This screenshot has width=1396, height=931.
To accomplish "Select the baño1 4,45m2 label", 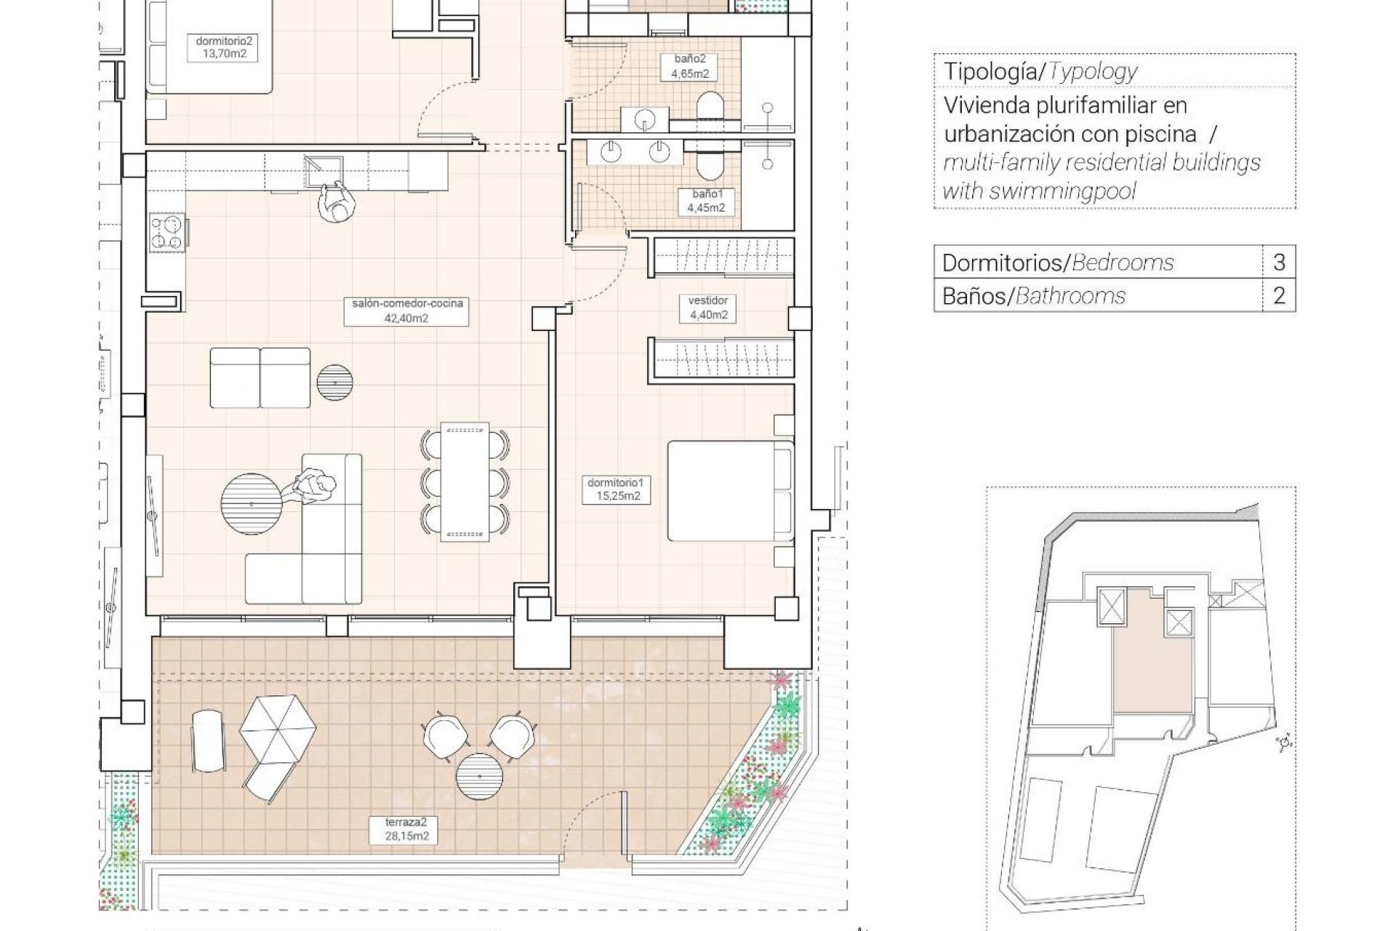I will [706, 201].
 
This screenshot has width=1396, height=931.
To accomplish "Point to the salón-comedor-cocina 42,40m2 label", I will [407, 311].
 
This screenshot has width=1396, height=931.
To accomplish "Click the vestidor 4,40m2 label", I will [708, 308].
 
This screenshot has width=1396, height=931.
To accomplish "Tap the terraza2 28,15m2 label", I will [406, 830].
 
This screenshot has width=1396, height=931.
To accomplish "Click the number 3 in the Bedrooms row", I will [1279, 263].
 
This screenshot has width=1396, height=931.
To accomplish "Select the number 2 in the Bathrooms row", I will [1279, 296].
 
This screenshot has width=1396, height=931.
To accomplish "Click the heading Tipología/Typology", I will [1040, 71].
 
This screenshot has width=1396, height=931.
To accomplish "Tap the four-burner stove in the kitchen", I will [168, 234].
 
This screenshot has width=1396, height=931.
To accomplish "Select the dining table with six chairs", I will [465, 482].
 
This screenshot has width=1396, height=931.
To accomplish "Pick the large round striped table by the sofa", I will [252, 504].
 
